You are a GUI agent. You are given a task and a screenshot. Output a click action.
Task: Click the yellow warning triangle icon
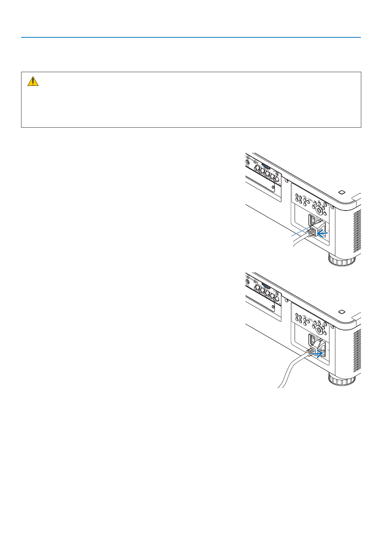[33, 81]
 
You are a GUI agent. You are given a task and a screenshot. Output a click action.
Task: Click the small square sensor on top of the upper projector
[342, 192]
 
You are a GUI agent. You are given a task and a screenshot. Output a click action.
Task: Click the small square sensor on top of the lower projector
[342, 311]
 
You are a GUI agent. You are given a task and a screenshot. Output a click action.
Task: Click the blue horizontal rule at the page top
[191, 37]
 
